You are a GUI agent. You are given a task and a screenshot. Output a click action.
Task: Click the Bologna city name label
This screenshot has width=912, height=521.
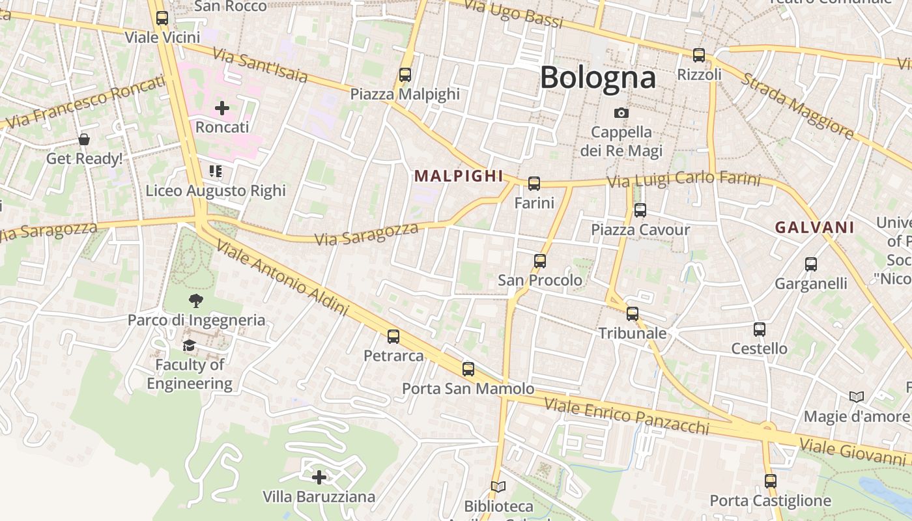pyautogui.click(x=597, y=77)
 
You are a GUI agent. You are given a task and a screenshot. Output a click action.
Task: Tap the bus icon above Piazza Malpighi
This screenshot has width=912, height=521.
pyautogui.click(x=405, y=75)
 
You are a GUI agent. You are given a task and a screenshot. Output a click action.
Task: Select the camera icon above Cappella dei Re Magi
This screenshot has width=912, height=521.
pyautogui.click(x=621, y=113)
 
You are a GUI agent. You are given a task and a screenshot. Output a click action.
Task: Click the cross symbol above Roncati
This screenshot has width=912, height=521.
pyautogui.click(x=222, y=107)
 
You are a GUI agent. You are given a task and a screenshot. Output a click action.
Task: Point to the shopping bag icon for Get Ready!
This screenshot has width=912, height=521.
pyautogui.click(x=84, y=139)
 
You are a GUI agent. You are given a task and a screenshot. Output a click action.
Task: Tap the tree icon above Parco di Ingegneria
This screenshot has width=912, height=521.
pyautogui.click(x=195, y=300)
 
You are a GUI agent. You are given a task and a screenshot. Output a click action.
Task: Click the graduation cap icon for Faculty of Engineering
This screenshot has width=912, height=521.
pyautogui.click(x=189, y=345)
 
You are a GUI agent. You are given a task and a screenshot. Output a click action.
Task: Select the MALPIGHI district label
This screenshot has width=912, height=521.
pyautogui.click(x=459, y=176)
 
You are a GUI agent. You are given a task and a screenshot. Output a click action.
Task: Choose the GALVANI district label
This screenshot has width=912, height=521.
pyautogui.click(x=814, y=227)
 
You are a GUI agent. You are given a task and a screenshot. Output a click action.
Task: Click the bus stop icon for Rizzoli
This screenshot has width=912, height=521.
pyautogui.click(x=699, y=55)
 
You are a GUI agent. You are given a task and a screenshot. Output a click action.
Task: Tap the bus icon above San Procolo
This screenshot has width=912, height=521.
pyautogui.click(x=539, y=261)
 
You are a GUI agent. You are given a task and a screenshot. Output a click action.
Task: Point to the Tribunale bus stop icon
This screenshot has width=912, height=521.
pyautogui.click(x=632, y=314)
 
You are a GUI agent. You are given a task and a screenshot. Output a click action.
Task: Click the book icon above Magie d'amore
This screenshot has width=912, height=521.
pyautogui.click(x=856, y=397)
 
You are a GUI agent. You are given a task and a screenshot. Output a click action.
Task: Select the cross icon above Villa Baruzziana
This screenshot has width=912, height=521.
pyautogui.click(x=319, y=477)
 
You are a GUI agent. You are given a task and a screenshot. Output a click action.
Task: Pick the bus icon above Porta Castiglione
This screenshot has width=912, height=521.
pyautogui.click(x=771, y=481)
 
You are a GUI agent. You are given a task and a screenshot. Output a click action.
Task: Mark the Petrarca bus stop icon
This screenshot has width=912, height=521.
pyautogui.click(x=393, y=337)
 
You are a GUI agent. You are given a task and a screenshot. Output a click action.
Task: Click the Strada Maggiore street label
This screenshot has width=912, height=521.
pyautogui.click(x=797, y=106)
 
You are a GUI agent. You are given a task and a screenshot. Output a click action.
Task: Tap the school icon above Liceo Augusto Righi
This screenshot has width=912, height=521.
pyautogui.click(x=216, y=171)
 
